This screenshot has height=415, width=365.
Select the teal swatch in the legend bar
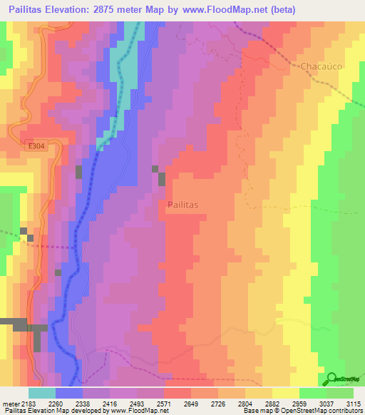[x=42, y=393]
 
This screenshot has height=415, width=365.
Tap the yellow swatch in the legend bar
[x=285, y=393]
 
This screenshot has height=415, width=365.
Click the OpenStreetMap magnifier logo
[x=333, y=378]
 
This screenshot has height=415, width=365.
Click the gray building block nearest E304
[x=79, y=172]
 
